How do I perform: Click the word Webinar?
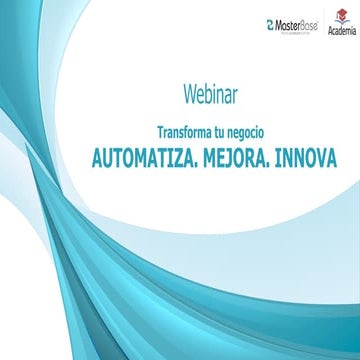coord(210,95)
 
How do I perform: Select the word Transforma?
coord(185,132)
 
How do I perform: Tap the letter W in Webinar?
coord(189,95)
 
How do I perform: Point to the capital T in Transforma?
coord(160,132)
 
